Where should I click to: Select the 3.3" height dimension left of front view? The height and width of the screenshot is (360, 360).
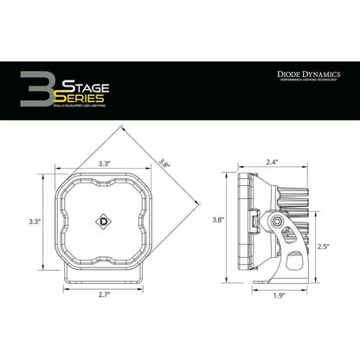35,222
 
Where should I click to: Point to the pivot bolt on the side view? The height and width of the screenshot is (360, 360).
276,222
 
